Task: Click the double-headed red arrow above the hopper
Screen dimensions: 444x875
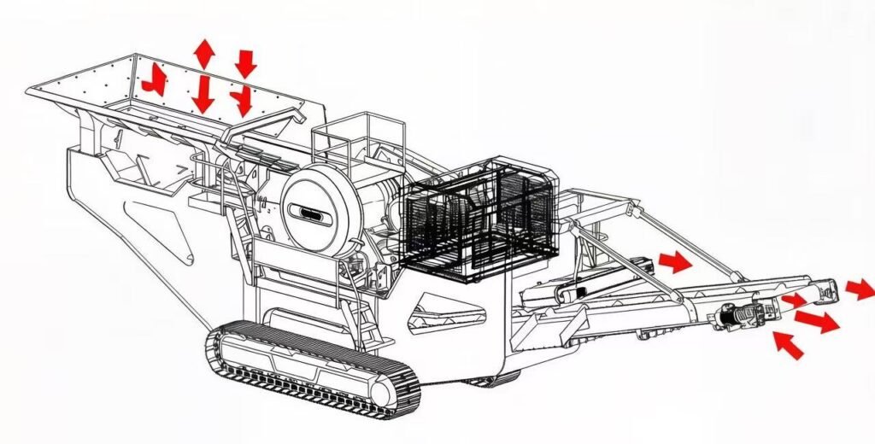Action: [x=203, y=53]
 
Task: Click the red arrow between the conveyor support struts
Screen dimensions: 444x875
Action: [x=675, y=262]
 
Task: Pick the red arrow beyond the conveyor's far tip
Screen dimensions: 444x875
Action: [x=860, y=289]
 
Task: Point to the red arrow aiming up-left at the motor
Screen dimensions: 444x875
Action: [x=788, y=344]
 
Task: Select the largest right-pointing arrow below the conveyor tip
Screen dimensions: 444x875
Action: [x=816, y=321]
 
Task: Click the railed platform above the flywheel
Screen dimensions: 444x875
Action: [x=346, y=141]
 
